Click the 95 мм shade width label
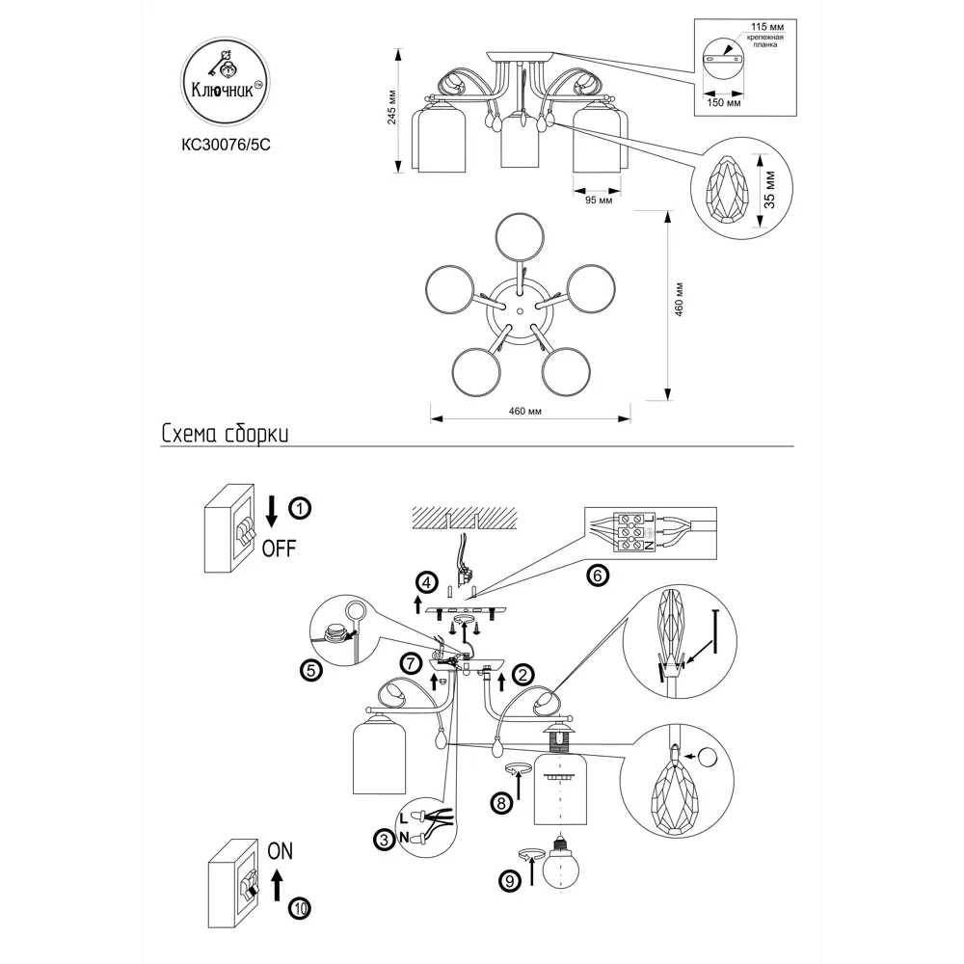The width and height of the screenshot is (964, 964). (x=599, y=201)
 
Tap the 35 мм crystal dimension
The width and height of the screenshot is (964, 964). (x=768, y=189)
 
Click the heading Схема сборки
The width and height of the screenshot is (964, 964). (x=225, y=435)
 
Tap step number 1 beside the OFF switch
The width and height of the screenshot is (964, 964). (x=302, y=507)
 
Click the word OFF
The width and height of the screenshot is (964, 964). (x=279, y=549)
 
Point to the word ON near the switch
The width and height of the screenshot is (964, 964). (x=279, y=851)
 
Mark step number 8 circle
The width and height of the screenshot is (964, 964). (x=499, y=801)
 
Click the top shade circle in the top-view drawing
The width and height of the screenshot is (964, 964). (x=520, y=238)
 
